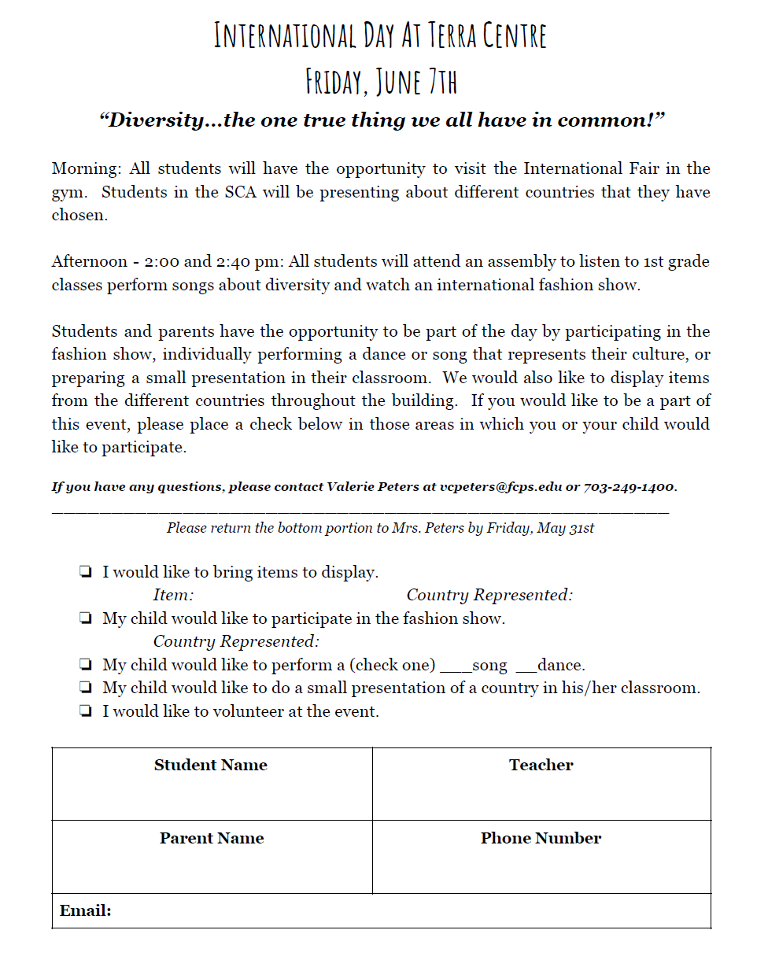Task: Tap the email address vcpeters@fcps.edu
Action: pos(501,487)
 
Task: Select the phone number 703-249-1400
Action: pos(629,487)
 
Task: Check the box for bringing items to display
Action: pos(85,573)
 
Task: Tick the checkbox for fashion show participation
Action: pos(85,619)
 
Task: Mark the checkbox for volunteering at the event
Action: pos(85,712)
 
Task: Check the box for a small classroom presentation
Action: pos(85,688)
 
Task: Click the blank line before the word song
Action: pos(456,669)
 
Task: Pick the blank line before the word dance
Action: pos(526,669)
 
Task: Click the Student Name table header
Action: pos(210,766)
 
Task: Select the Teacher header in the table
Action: pos(541,766)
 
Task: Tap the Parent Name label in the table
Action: pos(211,839)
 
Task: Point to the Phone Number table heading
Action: pos(541,839)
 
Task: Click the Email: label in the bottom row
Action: pos(86,911)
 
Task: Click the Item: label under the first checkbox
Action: pos(173,596)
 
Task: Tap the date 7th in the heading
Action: pos(440,81)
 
